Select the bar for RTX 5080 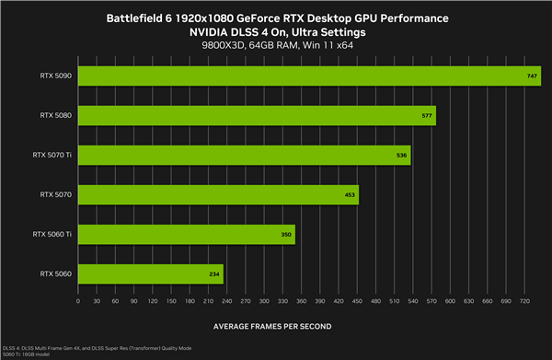tap(257, 115)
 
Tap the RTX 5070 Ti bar tap(244, 155)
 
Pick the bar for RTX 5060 tap(151, 273)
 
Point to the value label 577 tap(427, 116)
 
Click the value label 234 tap(215, 274)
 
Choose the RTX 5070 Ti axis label tap(52, 155)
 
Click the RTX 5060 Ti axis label tap(52, 234)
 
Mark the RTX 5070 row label tap(56, 194)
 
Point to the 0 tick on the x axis tap(79, 301)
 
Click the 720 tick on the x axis tap(523, 301)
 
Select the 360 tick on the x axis tap(301, 301)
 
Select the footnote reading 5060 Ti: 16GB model tap(29, 354)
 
